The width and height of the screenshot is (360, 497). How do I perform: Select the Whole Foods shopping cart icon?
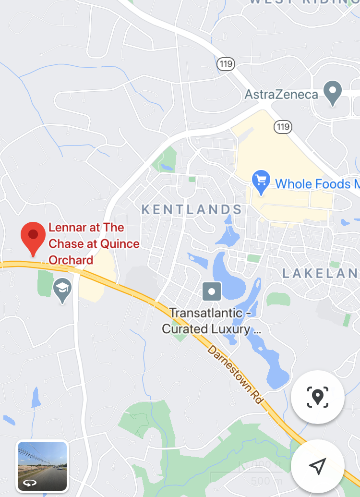coord(261,183)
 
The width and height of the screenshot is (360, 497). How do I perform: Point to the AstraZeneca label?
coord(281,94)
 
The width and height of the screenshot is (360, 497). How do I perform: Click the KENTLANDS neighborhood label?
coord(192,209)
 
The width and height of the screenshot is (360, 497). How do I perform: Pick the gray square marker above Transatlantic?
coord(212,291)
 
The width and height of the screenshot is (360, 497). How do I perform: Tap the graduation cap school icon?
coord(62,290)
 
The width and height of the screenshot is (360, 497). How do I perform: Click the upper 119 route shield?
coord(225,63)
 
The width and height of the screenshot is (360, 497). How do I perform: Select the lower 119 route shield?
coord(283,127)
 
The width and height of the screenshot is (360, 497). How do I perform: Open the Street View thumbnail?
coord(42,465)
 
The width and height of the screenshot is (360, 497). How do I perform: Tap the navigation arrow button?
coord(317,465)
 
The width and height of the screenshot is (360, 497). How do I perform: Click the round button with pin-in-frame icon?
coord(317,397)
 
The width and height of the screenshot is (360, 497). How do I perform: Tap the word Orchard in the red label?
coord(71,260)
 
